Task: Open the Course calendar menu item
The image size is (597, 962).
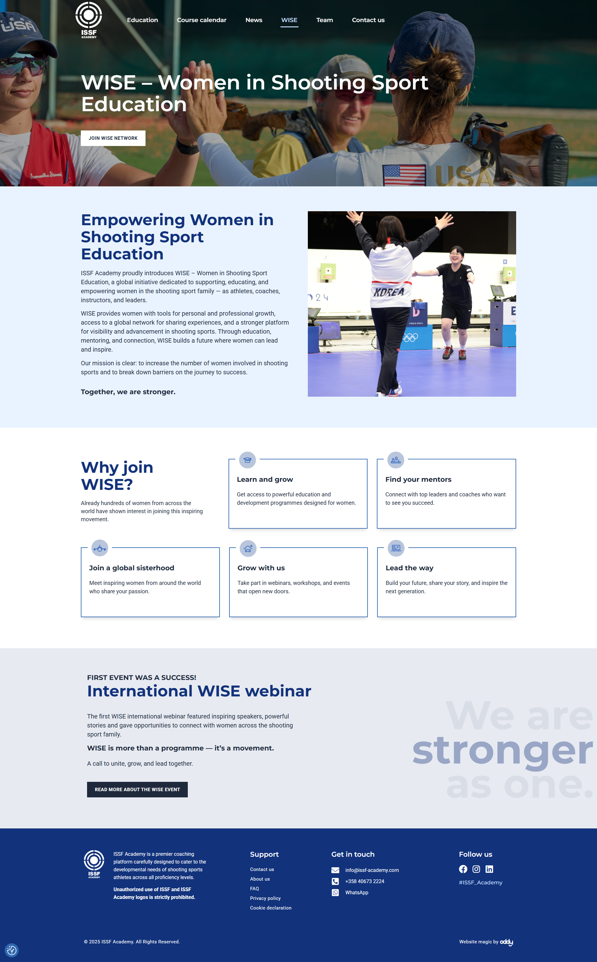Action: (201, 20)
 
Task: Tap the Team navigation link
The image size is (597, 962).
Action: (325, 20)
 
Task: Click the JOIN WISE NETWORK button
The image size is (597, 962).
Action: (113, 138)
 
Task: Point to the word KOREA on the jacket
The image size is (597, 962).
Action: (389, 292)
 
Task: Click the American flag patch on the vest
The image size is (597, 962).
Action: (404, 175)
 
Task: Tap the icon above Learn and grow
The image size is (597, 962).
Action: (248, 460)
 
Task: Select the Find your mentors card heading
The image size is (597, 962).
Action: (418, 479)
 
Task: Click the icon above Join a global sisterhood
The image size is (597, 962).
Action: (100, 548)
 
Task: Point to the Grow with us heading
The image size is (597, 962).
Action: (261, 568)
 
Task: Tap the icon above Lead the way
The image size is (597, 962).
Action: (396, 548)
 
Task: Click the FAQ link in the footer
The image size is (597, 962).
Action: (254, 889)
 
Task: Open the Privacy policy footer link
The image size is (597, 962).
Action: (265, 898)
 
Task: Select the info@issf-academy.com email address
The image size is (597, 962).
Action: (372, 870)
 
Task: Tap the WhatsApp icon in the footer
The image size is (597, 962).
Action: (335, 893)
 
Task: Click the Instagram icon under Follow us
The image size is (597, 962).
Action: (476, 869)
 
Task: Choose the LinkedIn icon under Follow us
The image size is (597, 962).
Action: (489, 869)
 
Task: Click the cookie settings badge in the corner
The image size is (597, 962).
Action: (12, 950)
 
